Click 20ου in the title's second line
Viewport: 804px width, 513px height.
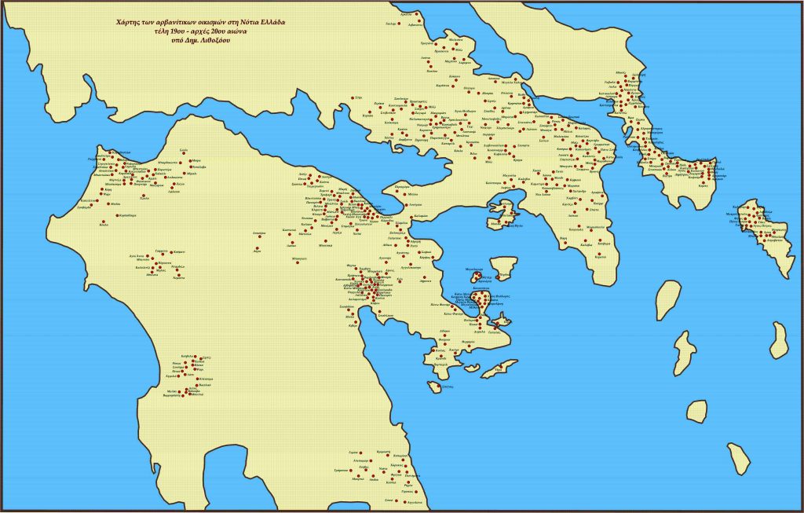[x=217, y=31]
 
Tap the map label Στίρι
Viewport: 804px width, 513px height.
[x=358, y=97]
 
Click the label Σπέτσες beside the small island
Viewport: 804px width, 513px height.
[x=448, y=387]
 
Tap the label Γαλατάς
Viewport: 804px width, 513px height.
[x=495, y=332]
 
